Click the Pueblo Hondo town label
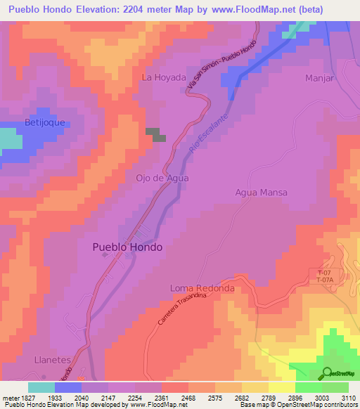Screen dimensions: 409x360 coord(127,247)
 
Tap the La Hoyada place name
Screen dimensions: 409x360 coord(164,78)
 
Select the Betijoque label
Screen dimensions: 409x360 coord(25,122)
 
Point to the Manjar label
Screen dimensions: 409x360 coord(319,78)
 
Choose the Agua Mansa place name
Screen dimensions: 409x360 coord(262,193)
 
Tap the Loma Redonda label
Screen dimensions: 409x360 coord(202,289)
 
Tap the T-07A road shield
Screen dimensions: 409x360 coord(324,280)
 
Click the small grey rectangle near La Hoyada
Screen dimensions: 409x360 coord(156,134)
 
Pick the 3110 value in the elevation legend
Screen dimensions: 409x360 coord(347,398)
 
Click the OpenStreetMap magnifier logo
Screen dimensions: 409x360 coord(328,372)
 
